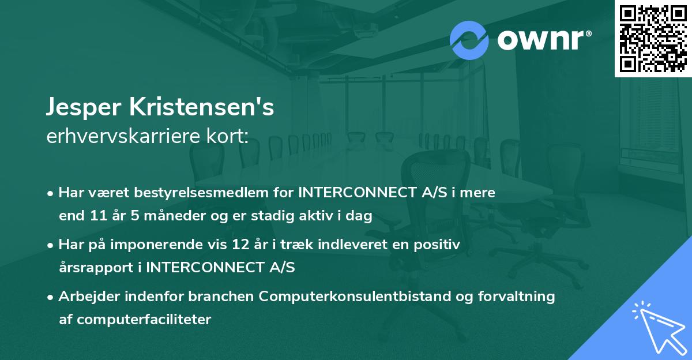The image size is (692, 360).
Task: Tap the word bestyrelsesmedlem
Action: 205,193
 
